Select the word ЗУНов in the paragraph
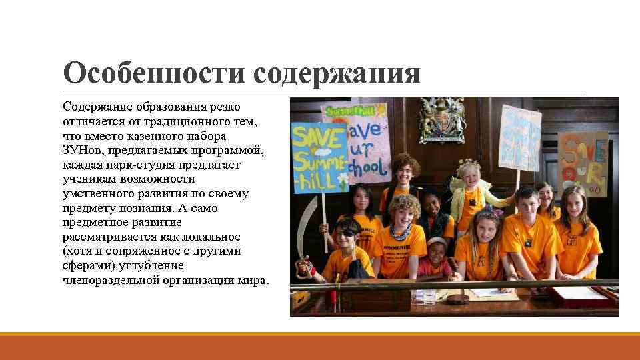coord(80,150)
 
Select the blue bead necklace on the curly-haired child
coord(401,232)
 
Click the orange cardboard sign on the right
coord(582,163)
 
